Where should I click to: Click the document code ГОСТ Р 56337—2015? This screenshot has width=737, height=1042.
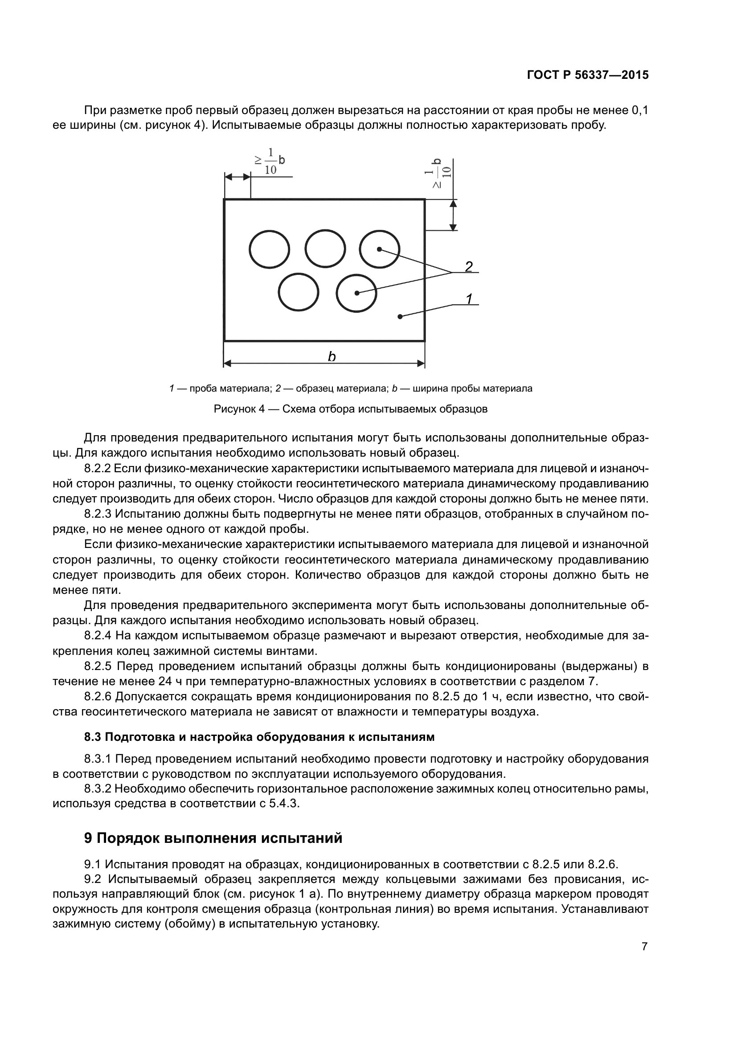click(588, 75)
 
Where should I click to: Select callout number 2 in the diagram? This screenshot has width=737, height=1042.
click(469, 266)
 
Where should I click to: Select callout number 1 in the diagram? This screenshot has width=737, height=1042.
click(469, 299)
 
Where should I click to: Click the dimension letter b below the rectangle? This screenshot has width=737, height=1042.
click(332, 357)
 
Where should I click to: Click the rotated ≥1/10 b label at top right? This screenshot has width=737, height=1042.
click(437, 173)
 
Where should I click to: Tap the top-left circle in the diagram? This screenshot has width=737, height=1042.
click(270, 249)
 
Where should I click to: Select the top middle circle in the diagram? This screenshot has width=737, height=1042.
click(325, 249)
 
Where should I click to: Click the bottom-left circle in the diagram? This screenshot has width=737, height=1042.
click(298, 292)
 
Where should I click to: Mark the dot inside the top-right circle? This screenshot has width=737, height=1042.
click(379, 249)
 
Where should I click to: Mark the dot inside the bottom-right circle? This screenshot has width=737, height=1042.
click(357, 293)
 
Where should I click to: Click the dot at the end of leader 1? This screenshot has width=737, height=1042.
click(400, 316)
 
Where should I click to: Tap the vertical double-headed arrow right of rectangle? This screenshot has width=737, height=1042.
click(452, 215)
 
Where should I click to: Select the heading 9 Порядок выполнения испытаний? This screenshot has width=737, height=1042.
click(213, 838)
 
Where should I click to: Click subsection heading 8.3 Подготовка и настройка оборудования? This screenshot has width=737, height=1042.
click(259, 737)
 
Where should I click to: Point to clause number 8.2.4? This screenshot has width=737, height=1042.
click(98, 636)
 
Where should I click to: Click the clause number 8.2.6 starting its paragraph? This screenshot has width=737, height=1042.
click(98, 696)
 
